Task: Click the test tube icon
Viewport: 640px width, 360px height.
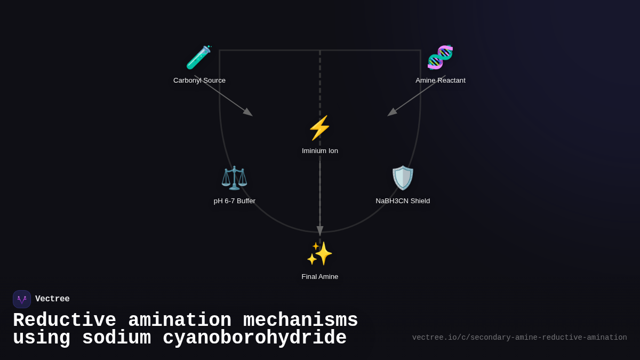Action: [x=199, y=57]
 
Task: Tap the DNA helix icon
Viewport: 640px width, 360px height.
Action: [x=441, y=57]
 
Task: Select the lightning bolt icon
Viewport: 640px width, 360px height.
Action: [x=319, y=127]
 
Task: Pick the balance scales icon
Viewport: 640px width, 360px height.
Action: [x=234, y=178]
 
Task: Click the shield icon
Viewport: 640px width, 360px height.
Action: [x=403, y=178]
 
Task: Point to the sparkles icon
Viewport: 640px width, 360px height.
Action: [x=319, y=253]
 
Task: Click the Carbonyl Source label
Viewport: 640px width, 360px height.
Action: [x=199, y=81]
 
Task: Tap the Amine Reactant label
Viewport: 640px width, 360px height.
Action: [x=441, y=81]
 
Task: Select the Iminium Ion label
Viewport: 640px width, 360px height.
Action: [x=319, y=151]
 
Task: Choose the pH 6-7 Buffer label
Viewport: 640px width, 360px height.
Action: [x=234, y=201]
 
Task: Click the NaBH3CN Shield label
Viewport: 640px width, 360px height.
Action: [x=403, y=201]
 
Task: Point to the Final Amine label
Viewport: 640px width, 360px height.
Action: [x=319, y=277]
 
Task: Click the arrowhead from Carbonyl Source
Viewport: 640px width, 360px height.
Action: [x=249, y=113]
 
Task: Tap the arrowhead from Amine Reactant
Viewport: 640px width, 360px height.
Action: [x=391, y=113]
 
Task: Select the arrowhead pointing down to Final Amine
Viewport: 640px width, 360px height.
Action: [x=320, y=231]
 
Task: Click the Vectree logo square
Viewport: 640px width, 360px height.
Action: [x=22, y=299]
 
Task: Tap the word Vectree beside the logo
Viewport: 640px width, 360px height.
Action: [x=52, y=299]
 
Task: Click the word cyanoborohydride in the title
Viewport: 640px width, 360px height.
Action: [x=254, y=338]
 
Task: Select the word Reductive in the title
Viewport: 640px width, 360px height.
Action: [x=65, y=319]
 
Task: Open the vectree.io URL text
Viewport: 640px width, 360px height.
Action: [x=519, y=338]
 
